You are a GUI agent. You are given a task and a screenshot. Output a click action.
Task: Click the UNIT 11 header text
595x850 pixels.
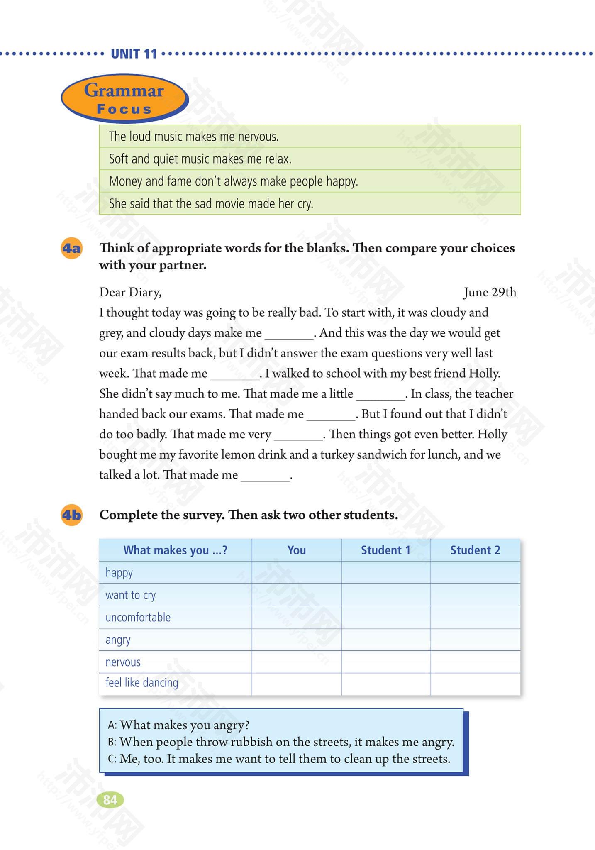[134, 54]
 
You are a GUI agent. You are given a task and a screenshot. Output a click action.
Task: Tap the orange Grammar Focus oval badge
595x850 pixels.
[124, 99]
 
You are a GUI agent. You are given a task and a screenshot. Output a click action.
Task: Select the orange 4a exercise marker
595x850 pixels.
[71, 248]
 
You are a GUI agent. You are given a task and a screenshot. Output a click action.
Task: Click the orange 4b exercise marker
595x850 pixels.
[71, 515]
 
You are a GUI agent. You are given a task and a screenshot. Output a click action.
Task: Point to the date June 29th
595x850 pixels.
[490, 292]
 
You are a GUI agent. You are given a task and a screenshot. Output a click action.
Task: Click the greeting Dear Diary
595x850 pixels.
[130, 292]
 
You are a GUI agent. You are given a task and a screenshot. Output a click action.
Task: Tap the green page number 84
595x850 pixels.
[110, 799]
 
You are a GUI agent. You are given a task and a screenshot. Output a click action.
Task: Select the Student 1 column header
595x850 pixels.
[385, 550]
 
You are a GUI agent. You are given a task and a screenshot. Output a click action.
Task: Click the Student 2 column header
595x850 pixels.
[475, 550]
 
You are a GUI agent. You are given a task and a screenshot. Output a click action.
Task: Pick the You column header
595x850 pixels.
[296, 550]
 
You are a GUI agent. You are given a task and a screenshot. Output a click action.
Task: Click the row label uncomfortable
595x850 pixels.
[138, 617]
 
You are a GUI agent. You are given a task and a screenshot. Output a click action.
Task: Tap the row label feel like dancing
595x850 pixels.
[141, 683]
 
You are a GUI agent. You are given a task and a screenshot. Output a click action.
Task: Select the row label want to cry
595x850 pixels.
[130, 595]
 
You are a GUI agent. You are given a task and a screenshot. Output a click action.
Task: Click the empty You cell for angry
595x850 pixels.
[296, 640]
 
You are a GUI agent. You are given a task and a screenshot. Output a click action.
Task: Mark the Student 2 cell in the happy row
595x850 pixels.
[475, 572]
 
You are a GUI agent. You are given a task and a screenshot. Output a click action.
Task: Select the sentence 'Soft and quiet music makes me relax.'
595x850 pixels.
[200, 159]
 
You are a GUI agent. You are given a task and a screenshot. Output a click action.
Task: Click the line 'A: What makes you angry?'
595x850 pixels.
[178, 725]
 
